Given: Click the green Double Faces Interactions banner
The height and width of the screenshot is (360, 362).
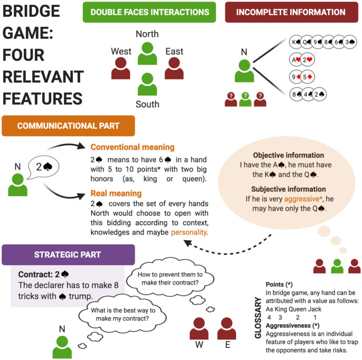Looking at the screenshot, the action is tap(149, 12).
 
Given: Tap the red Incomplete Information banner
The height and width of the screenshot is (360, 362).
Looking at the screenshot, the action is tap(292, 12).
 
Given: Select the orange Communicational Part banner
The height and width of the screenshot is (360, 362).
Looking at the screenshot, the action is tap(69, 126).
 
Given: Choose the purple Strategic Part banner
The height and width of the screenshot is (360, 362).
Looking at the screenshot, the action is tap(69, 255).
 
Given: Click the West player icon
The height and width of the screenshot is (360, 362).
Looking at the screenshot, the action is tap(121, 68).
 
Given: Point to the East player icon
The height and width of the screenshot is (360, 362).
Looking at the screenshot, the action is tap(174, 68).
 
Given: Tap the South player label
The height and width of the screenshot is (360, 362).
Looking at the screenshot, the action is tap(148, 104).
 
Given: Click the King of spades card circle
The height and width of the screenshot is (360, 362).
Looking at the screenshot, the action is tap(296, 42).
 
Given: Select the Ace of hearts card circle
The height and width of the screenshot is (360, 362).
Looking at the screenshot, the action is tap(296, 60).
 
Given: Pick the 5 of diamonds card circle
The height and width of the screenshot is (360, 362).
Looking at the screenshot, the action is tap(308, 77).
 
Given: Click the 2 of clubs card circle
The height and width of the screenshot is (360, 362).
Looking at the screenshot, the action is tap(320, 94).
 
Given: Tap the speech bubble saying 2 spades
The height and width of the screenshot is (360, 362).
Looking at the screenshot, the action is tap(43, 167).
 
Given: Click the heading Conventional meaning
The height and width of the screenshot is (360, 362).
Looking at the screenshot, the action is tap(132, 147).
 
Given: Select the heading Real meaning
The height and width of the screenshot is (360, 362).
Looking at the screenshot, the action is tap(116, 193).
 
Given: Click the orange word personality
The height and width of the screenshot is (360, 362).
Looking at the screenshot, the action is tap(188, 232).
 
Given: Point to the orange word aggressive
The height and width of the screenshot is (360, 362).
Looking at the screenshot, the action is tap(303, 199).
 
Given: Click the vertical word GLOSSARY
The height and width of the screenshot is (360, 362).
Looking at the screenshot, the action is tap(258, 318).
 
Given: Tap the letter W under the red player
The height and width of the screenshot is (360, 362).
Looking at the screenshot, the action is tap(199, 345).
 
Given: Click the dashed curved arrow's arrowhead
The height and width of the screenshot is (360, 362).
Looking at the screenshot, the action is tap(188, 243).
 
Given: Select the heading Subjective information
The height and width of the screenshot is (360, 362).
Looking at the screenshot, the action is tap(289, 189).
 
